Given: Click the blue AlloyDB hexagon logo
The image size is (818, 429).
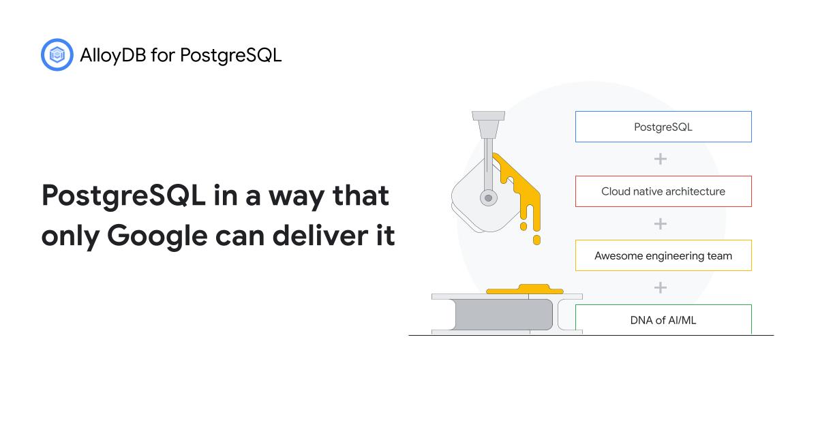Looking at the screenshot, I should [x=57, y=55].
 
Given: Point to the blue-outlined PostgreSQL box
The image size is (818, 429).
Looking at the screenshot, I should [x=663, y=127].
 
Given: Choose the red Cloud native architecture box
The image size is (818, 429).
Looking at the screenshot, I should [x=663, y=191].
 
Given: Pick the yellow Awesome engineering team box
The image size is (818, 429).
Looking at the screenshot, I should [x=663, y=256].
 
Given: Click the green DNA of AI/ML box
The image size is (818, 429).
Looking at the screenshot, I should [x=663, y=319].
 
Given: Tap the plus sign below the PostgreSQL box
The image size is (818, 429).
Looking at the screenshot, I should [x=660, y=159].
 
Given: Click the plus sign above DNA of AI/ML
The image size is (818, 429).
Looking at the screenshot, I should [x=660, y=288].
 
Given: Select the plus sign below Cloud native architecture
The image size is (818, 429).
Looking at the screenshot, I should [x=660, y=223].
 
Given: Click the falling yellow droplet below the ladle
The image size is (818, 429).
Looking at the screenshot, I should [x=536, y=240].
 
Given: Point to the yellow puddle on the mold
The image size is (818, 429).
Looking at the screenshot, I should [x=524, y=290].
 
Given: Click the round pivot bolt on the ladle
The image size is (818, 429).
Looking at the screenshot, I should [x=488, y=197].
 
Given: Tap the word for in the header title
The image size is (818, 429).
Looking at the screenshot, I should [x=159, y=55].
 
